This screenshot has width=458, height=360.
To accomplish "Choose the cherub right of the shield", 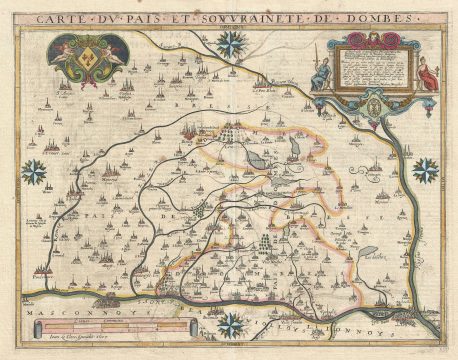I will (x=116, y=52).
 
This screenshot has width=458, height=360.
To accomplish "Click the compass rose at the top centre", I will (x=234, y=43).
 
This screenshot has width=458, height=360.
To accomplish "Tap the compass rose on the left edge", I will (x=34, y=172).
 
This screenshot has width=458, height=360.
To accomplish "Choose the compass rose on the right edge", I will (x=426, y=170).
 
